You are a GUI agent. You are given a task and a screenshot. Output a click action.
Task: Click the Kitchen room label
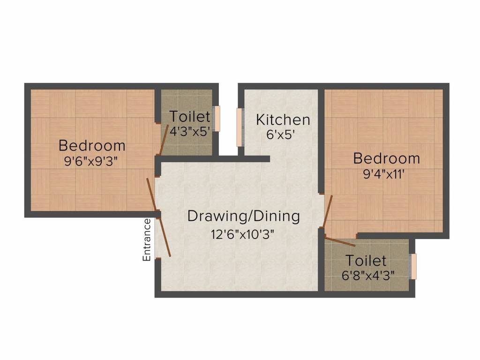coord(283,120)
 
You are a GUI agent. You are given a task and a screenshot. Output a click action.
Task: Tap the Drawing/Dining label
coord(243,216)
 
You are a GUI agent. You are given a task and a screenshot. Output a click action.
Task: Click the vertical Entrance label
coord(147,240)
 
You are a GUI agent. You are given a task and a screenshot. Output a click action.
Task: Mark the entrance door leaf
coord(164,237)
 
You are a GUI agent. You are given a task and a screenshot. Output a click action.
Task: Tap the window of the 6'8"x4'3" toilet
coord(413,266)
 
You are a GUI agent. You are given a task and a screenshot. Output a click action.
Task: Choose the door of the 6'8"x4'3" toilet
coord(340,241)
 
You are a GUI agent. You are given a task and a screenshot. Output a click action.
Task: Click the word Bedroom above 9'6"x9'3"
coord(92,145)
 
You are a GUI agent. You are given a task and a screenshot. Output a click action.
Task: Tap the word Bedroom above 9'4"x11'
coord(386,158)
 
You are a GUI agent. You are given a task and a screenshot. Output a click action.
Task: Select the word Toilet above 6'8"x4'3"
coord(366,260)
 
